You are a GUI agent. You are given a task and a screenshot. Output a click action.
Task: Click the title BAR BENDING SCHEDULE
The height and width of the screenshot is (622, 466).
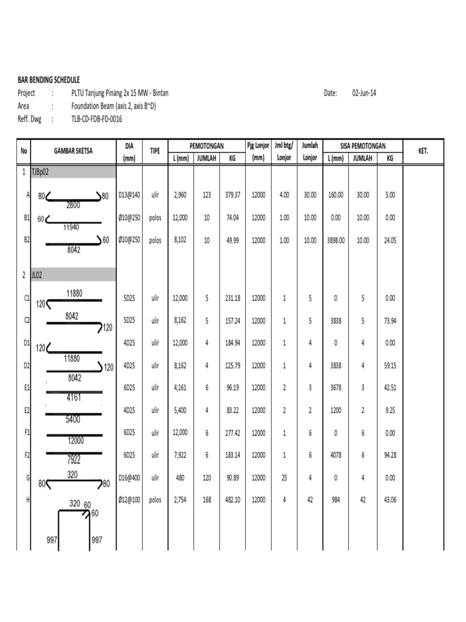49,80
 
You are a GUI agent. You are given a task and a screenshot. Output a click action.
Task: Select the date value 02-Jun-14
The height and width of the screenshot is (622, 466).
364,93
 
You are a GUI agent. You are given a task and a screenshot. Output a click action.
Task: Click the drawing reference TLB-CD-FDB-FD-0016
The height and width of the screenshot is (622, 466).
96,120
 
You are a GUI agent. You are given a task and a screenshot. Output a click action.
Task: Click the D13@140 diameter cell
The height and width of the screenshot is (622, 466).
129,195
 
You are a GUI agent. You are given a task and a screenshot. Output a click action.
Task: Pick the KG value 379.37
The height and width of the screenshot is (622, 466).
232,195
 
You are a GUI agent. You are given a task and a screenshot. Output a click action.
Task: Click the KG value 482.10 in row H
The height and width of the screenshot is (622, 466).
232,500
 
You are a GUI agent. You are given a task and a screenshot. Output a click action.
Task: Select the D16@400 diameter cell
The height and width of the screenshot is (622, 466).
129,478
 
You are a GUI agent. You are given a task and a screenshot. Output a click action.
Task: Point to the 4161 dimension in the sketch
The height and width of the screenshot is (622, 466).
74,398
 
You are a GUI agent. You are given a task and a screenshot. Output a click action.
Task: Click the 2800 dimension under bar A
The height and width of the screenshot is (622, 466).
73,205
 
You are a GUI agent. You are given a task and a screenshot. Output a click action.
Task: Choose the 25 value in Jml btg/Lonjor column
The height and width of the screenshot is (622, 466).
284,478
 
